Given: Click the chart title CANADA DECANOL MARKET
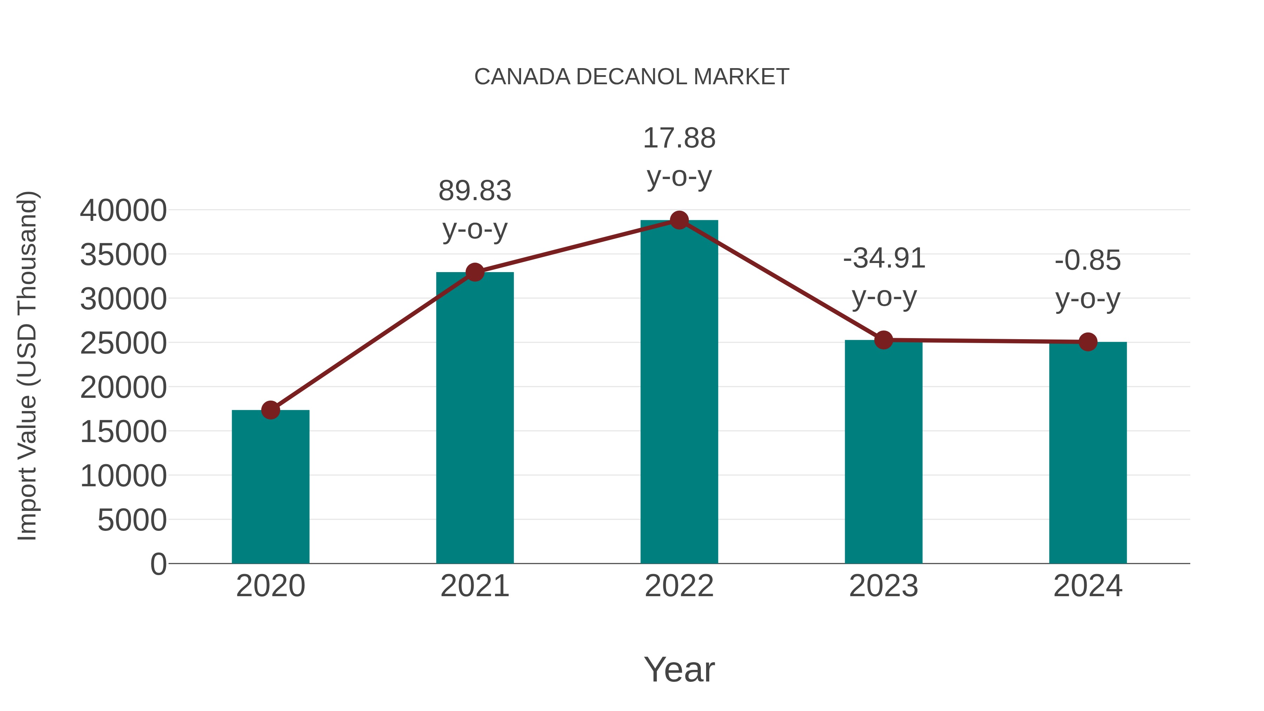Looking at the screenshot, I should click(x=632, y=77).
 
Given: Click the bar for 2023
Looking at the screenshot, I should click(x=883, y=452).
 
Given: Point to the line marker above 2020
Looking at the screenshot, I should click(x=270, y=410).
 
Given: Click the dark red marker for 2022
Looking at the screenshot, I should click(x=679, y=220).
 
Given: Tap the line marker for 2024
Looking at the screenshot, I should click(x=1088, y=342).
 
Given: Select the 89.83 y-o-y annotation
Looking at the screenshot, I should click(x=474, y=210).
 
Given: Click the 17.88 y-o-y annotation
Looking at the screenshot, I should click(x=679, y=157).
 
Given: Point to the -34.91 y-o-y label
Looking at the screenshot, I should click(x=884, y=277).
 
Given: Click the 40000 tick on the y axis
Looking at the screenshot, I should click(x=123, y=211).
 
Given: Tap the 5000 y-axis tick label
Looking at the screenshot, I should click(x=132, y=520).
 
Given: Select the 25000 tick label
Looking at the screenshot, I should click(x=123, y=343).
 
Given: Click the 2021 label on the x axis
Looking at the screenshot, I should click(x=474, y=586).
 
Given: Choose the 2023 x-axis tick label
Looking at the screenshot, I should click(x=883, y=586).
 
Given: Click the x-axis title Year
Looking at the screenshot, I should click(x=679, y=669).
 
